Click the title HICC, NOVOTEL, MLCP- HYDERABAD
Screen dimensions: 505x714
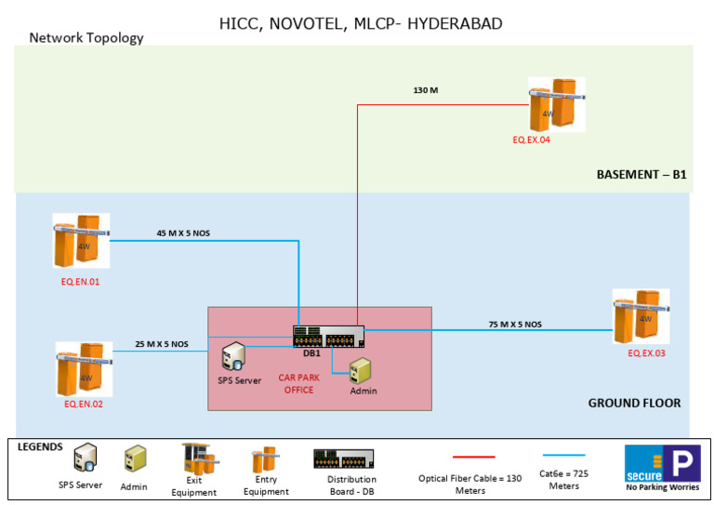[x=360, y=23]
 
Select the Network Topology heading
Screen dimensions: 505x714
[x=86, y=38]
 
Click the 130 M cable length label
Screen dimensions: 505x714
[x=427, y=91]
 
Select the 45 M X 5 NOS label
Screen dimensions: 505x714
[x=183, y=233]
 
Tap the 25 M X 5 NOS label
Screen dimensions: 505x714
[x=161, y=343]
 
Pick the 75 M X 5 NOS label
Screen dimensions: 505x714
[x=515, y=325]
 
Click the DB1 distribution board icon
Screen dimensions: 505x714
[x=328, y=337]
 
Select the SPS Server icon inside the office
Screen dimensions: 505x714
[x=231, y=356]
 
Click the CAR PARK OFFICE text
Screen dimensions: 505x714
[x=298, y=384]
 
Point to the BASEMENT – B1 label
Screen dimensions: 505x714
[x=641, y=174]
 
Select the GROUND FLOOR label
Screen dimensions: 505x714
[x=634, y=403]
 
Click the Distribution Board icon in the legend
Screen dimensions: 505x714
[x=344, y=458]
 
